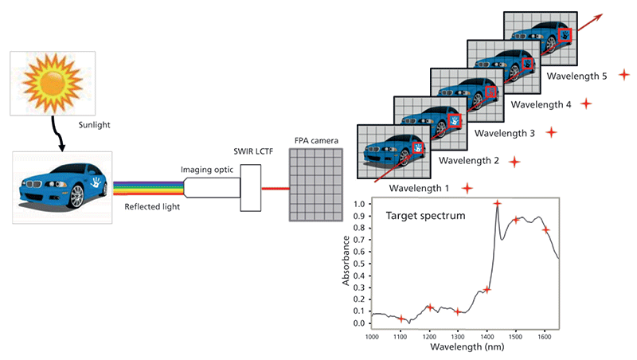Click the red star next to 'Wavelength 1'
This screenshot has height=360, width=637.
click(467, 189)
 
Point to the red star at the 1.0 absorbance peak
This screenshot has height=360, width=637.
click(498, 204)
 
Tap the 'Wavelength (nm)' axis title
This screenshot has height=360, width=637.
click(456, 348)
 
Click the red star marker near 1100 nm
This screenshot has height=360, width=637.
click(401, 319)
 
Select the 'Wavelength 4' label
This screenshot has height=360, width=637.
click(541, 104)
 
